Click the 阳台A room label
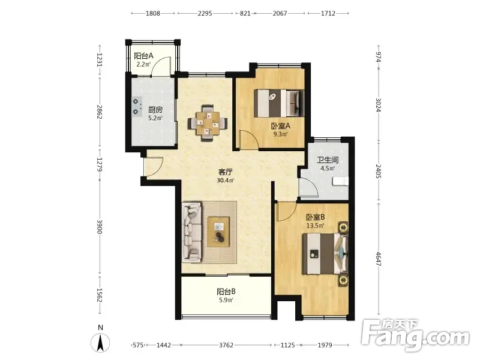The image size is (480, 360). pyautogui.click(x=143, y=56)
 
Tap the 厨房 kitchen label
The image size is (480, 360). pyautogui.click(x=155, y=110)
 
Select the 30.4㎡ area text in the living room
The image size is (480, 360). pyautogui.click(x=226, y=181)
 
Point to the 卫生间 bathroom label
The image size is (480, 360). pyautogui.click(x=328, y=160)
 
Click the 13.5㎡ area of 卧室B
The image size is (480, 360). pyautogui.click(x=316, y=226)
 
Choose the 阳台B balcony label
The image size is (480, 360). pyautogui.click(x=226, y=292)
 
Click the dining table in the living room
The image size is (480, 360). pyautogui.click(x=208, y=123)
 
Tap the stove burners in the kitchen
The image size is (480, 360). pyautogui.click(x=137, y=106)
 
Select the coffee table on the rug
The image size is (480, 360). pyautogui.click(x=218, y=232)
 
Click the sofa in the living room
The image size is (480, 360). pyautogui.click(x=191, y=232)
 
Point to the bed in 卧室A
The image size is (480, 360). pyautogui.click(x=279, y=103)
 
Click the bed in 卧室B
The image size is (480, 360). pyautogui.click(x=325, y=254)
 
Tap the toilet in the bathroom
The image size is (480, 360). pyautogui.click(x=341, y=181)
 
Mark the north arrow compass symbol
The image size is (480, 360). pyautogui.click(x=100, y=342)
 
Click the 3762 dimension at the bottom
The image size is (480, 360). pyautogui.click(x=226, y=345)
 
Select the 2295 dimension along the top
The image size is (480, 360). pyautogui.click(x=205, y=13)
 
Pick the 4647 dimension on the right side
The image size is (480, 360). pyautogui.click(x=379, y=259)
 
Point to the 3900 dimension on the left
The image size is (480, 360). pyautogui.click(x=99, y=227)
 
